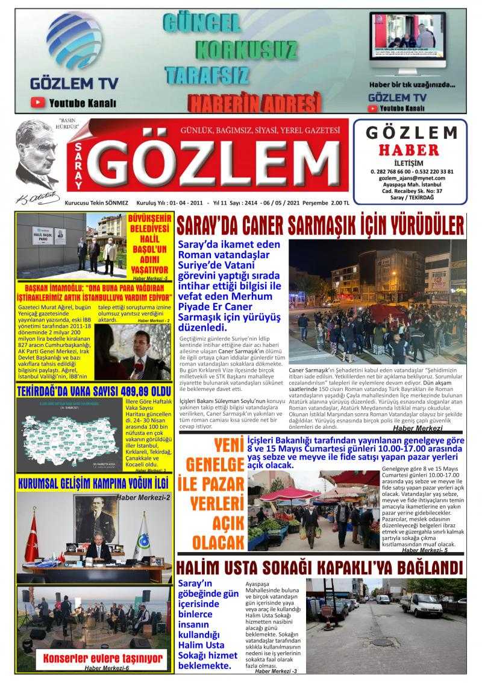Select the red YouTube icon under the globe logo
click(38, 103)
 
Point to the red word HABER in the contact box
click(413, 149)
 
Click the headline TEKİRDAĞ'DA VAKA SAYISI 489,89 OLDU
click(95, 390)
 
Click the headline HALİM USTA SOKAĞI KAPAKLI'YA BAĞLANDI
click(320, 568)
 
